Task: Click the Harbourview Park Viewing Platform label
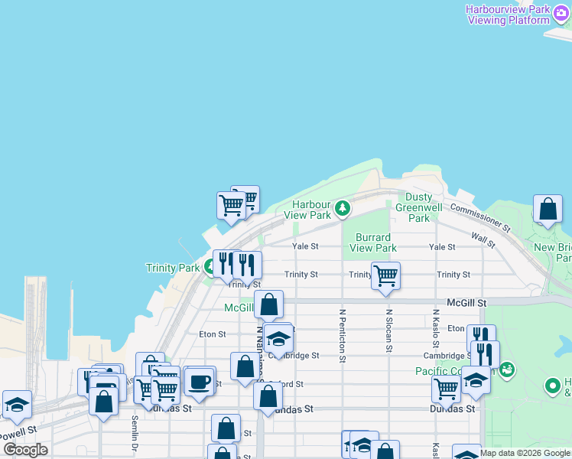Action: click(508, 15)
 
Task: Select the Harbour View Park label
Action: click(312, 210)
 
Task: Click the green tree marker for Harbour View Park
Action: click(343, 207)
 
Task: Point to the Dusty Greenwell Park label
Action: click(419, 207)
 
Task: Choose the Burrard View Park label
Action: click(373, 243)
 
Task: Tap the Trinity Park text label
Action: click(173, 268)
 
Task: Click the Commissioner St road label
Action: click(479, 217)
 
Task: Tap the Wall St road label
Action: click(483, 240)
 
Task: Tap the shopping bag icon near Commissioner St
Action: click(548, 208)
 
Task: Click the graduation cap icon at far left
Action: click(16, 404)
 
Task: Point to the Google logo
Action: click(25, 450)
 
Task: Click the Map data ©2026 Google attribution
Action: click(525, 453)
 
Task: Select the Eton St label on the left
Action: click(212, 334)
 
